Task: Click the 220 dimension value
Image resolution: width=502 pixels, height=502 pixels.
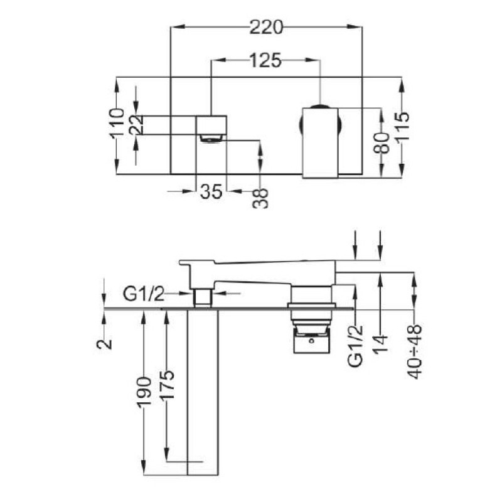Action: coord(266,27)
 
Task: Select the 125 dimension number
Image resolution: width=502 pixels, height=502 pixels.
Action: coord(265,60)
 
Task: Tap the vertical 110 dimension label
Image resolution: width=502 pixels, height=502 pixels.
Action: coord(117,124)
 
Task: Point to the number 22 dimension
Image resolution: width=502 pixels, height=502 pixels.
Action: coord(136,124)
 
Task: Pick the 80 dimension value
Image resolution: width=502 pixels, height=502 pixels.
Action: coord(382,143)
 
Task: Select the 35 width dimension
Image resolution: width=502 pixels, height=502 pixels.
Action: coord(211,191)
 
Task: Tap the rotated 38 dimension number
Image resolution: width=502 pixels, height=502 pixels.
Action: coord(260,198)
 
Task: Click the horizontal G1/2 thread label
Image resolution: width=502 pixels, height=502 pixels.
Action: coord(144,294)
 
